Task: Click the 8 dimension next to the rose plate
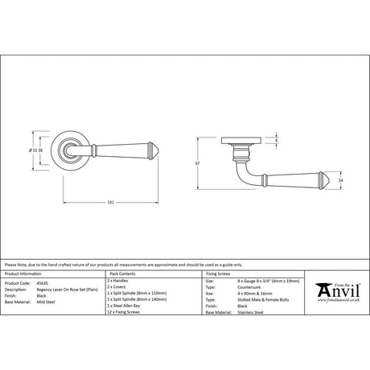click(277, 142)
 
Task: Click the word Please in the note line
click(11, 264)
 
